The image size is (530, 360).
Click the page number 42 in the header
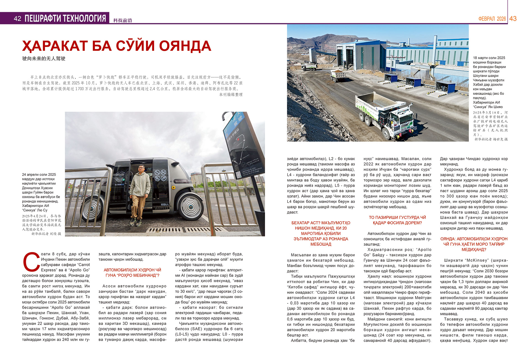[17, 19]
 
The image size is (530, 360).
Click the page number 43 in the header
[513, 19]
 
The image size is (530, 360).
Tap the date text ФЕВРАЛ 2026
[492, 19]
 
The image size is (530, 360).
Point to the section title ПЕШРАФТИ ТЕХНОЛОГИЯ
[65, 19]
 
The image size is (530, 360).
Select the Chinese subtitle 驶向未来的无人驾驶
[44, 59]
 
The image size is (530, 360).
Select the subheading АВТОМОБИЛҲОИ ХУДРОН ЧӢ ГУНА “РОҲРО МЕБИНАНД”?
[132, 272]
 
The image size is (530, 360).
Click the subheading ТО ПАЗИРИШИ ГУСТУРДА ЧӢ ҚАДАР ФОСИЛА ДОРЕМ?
[397, 220]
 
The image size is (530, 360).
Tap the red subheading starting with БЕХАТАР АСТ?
[321, 233]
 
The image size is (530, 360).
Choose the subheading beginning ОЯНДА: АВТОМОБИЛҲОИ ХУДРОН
[474, 244]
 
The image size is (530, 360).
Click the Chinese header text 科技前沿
[123, 20]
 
